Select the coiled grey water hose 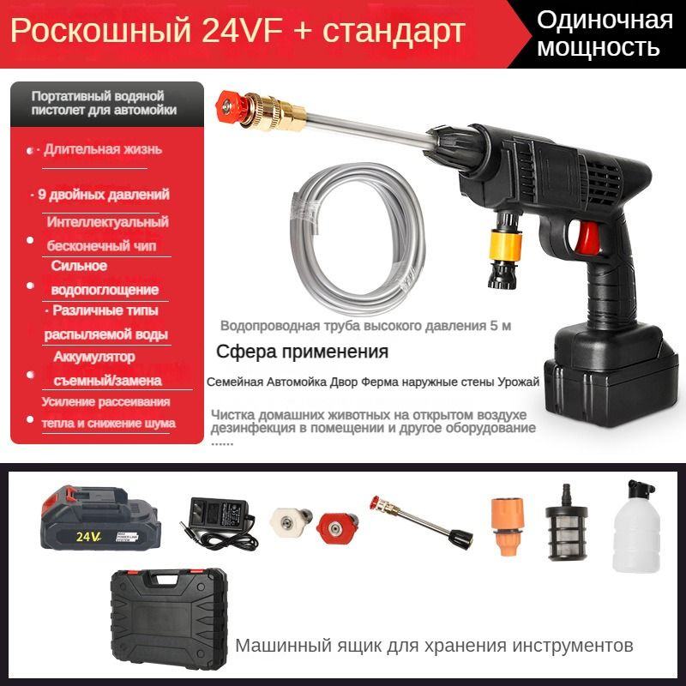tap(358, 238)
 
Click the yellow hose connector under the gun tap(506, 246)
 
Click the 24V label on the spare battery tap(88, 536)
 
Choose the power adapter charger tap(218, 521)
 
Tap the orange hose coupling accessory tap(508, 526)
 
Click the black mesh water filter tap(566, 525)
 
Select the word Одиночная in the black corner tap(605, 20)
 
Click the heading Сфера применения tap(303, 352)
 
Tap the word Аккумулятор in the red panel tap(94, 357)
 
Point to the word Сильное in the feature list tap(79, 266)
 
